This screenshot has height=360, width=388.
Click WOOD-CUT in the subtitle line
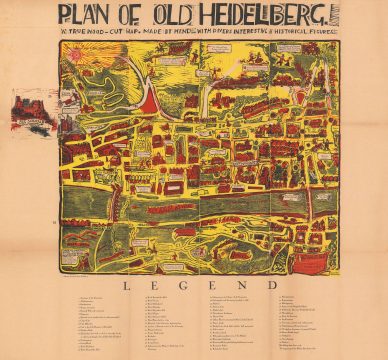(x=101, y=39)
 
